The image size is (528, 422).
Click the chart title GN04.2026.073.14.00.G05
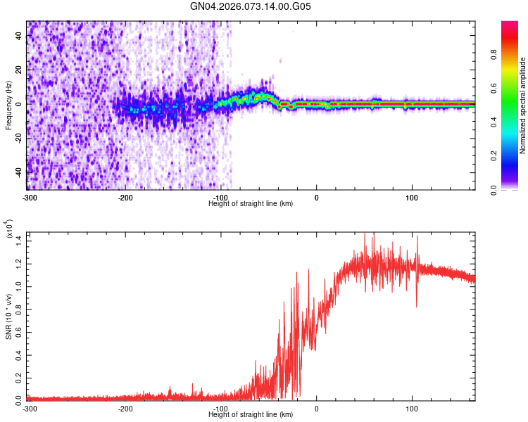click(251, 8)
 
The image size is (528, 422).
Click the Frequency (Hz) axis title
click(8, 105)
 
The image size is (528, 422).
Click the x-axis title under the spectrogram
click(251, 204)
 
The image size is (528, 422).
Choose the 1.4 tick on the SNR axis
click(19, 241)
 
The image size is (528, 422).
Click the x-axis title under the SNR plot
click(251, 416)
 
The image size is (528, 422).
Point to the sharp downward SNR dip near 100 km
click(417, 305)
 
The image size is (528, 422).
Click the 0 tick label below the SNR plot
click(316, 409)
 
